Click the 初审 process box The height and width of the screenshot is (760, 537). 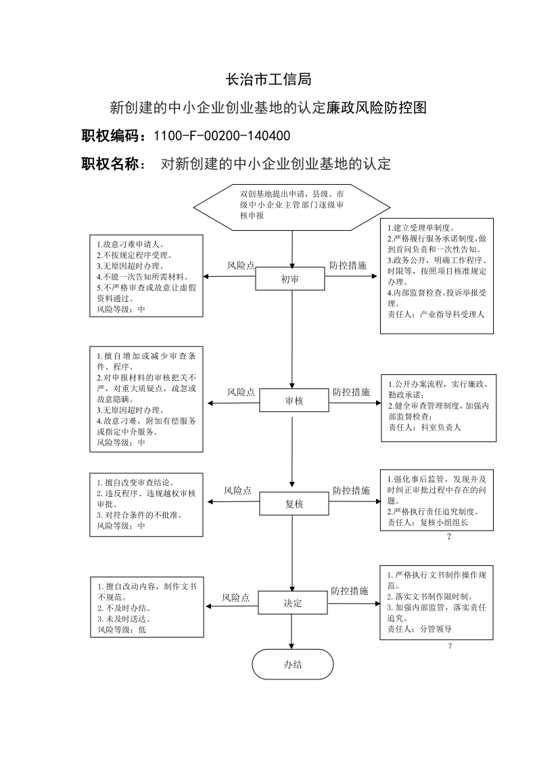290,280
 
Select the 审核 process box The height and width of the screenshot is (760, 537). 294,401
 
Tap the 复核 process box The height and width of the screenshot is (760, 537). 294,504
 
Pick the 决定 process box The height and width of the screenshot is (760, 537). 293,603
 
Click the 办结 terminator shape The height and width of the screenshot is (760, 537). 293,665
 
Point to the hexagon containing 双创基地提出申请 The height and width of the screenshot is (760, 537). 292,208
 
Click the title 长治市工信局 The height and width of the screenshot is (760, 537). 268,79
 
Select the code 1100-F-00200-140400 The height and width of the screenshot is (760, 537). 222,136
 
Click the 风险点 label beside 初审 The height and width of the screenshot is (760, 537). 241,265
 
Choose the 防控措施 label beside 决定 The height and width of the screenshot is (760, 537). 350,591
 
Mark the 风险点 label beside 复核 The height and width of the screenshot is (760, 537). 237,491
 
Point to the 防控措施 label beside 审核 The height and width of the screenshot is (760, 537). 352,392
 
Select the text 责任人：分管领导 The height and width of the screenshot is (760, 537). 419,629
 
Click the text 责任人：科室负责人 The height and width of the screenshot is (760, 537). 425,428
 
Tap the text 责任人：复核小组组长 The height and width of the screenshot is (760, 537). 427,522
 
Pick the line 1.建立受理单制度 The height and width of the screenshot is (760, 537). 421,227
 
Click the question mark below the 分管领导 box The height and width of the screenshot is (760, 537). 450,646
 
